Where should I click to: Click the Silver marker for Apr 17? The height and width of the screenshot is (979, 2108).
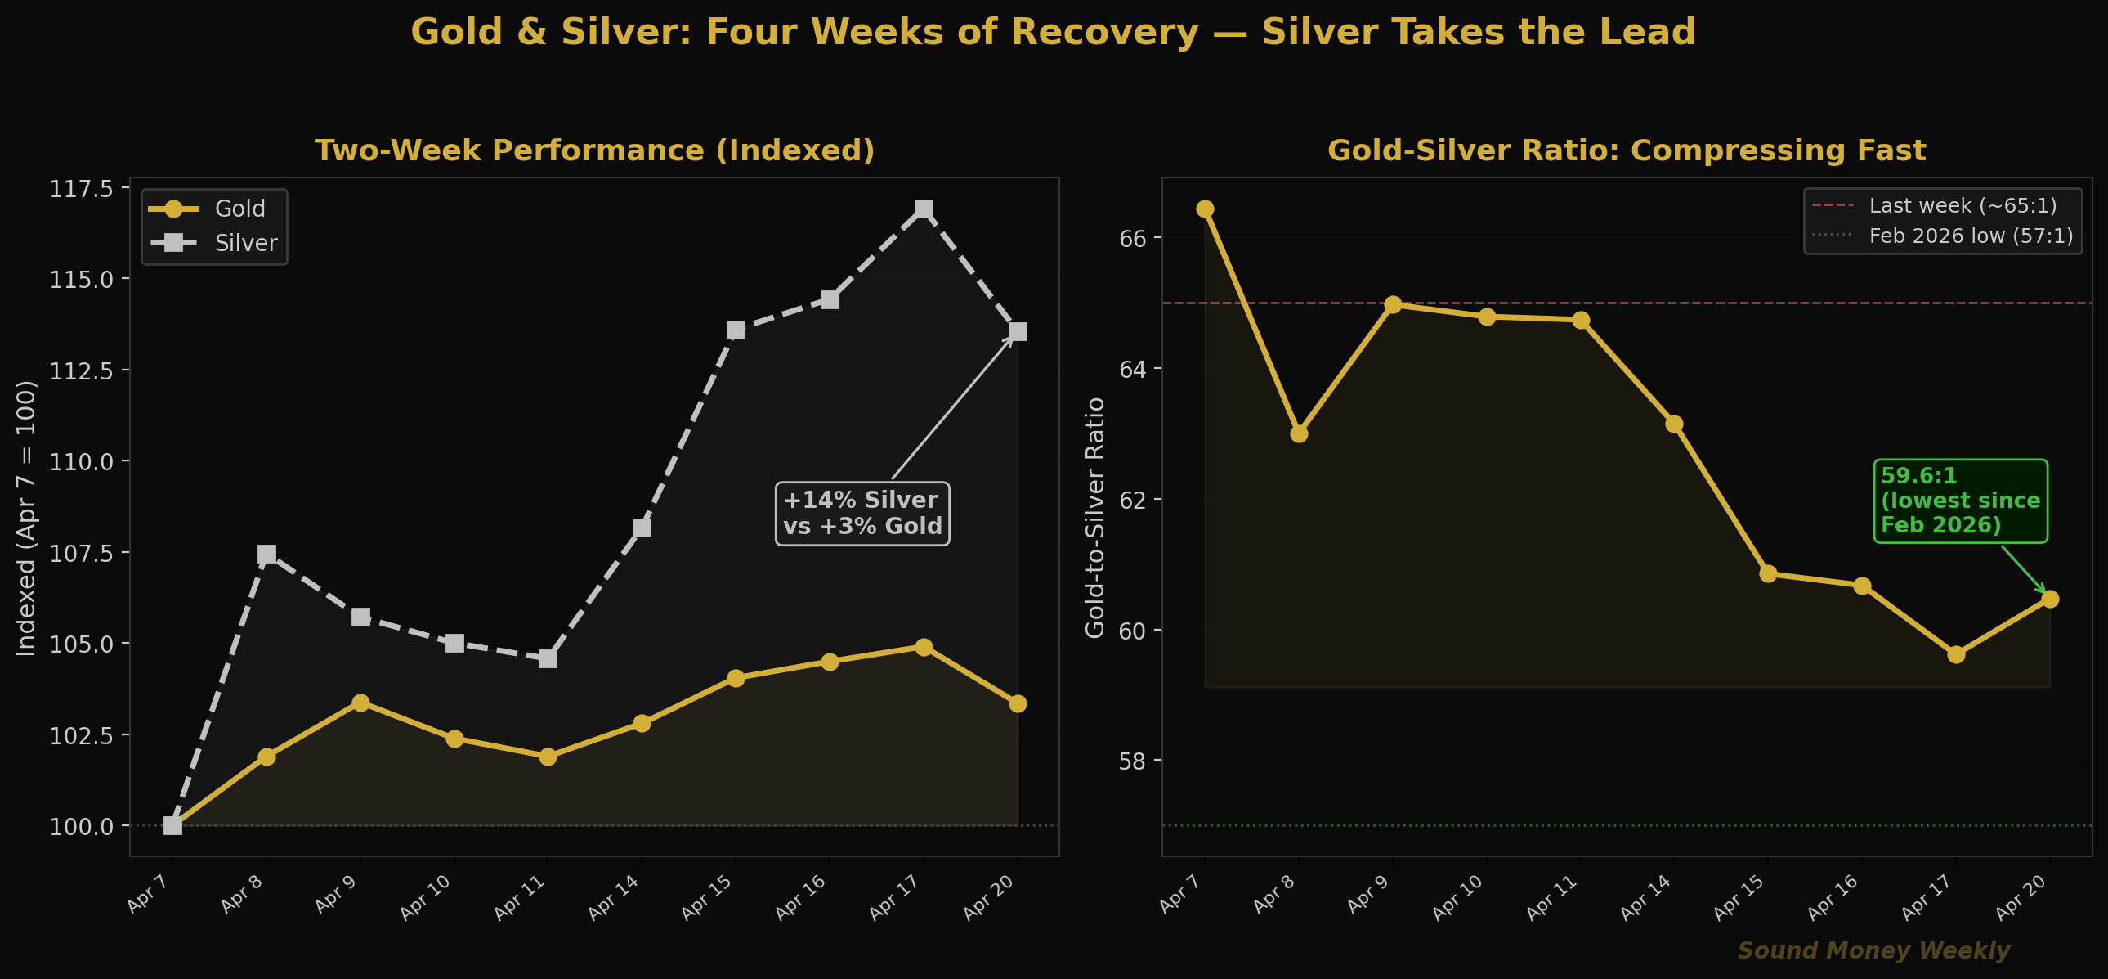pyautogui.click(x=923, y=209)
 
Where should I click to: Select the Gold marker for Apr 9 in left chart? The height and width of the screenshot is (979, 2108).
pyautogui.click(x=360, y=703)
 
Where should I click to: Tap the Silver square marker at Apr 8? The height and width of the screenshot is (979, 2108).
pyautogui.click(x=266, y=555)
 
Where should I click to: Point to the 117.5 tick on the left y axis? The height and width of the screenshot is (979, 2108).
pyautogui.click(x=82, y=189)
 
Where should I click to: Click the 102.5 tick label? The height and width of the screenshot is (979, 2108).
pyautogui.click(x=82, y=735)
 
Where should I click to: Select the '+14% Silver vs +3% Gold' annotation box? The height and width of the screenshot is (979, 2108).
pyautogui.click(x=862, y=514)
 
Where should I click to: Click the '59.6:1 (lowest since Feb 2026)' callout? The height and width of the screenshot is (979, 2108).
pyautogui.click(x=1960, y=501)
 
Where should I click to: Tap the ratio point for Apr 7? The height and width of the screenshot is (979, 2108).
pyautogui.click(x=1205, y=209)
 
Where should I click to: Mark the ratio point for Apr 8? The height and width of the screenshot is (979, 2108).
pyautogui.click(x=1299, y=433)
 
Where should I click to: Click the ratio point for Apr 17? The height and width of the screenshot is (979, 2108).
pyautogui.click(x=1956, y=654)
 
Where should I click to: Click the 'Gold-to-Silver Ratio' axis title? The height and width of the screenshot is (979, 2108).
pyautogui.click(x=1095, y=518)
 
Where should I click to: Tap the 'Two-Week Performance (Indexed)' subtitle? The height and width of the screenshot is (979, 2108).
pyautogui.click(x=594, y=150)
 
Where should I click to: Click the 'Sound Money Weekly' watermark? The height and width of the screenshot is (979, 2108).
pyautogui.click(x=1873, y=950)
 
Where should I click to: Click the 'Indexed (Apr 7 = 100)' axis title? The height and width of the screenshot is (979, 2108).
pyautogui.click(x=27, y=518)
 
